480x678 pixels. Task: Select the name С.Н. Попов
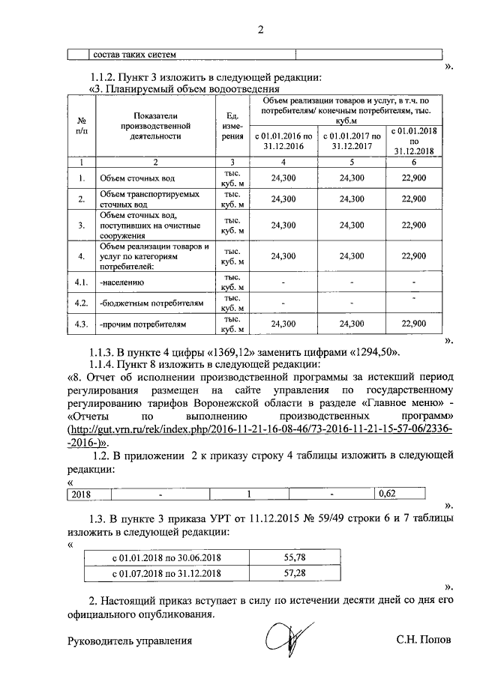coord(424,641)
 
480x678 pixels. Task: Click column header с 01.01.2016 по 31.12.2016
coord(283,141)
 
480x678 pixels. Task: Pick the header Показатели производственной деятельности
coord(156,127)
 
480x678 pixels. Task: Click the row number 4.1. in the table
coord(81,283)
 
